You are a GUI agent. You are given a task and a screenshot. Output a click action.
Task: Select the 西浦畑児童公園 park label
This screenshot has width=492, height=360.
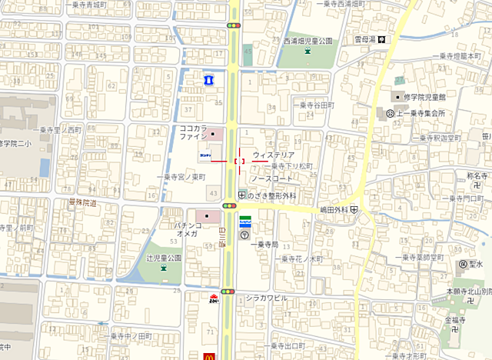(x=307, y=41)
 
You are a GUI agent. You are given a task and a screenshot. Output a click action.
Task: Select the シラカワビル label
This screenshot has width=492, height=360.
(x=266, y=297)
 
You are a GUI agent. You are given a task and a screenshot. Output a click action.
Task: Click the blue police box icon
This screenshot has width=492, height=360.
(x=207, y=78)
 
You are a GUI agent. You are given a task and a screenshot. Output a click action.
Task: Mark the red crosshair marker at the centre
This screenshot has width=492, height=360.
(x=238, y=161)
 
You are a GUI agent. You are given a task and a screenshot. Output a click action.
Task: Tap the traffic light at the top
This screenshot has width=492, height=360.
(x=233, y=25)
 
